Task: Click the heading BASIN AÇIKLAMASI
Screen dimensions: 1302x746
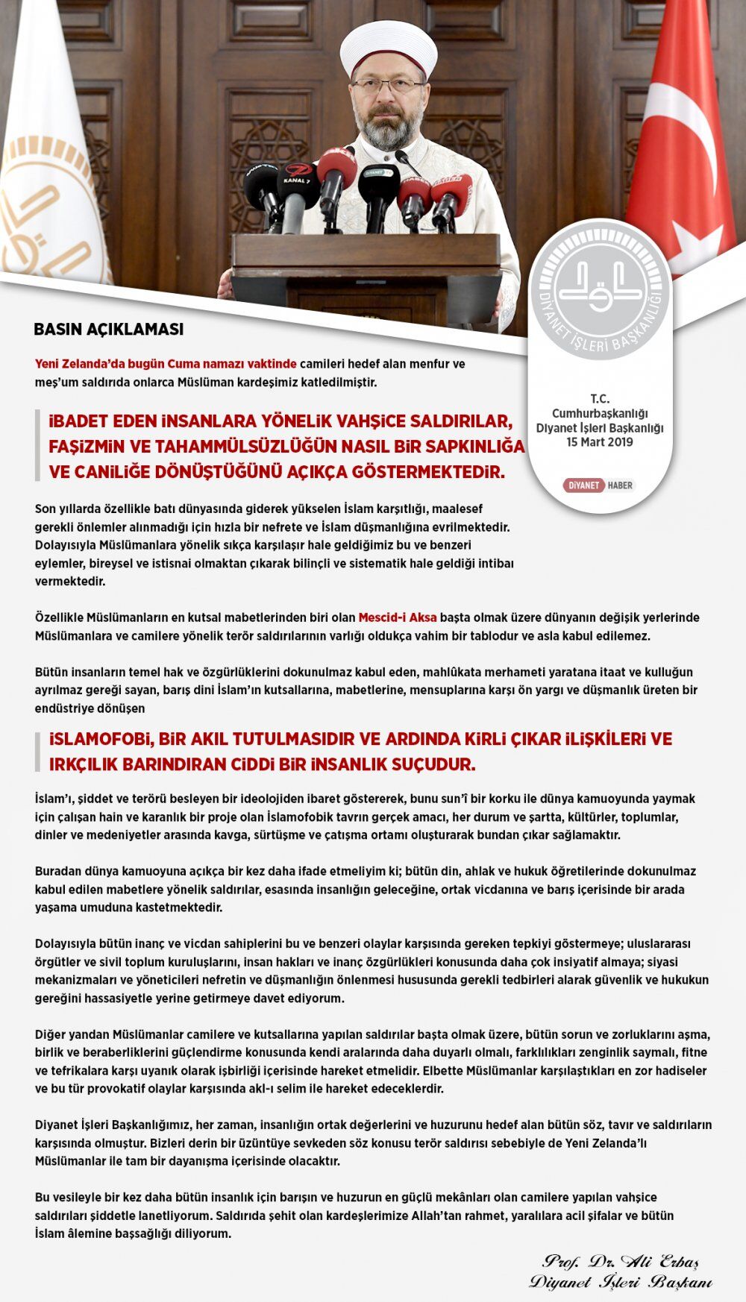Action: pos(109,329)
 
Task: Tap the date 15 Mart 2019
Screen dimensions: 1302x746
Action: pos(599,442)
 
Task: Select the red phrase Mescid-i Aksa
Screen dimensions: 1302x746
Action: pos(398,617)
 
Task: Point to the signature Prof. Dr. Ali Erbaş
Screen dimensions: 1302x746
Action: pos(621,1262)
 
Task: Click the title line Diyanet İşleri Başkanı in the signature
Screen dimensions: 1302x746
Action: pos(621,1283)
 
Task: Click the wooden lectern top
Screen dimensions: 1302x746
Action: pos(366,249)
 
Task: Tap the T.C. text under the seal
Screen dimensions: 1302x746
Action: pos(599,399)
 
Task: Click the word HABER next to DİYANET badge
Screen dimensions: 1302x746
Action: pos(620,485)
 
